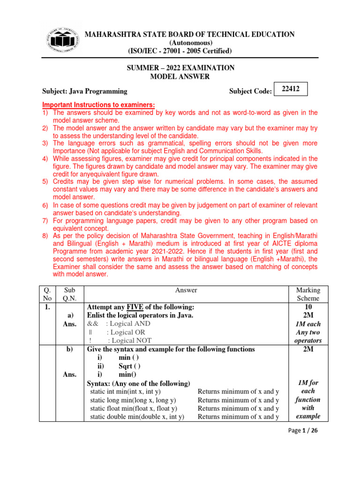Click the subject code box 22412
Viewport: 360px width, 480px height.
[x=291, y=88]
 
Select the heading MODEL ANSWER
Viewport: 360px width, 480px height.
[x=180, y=77]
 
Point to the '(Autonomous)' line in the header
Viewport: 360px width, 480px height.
[x=180, y=43]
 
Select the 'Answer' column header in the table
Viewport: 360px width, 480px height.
[x=186, y=290]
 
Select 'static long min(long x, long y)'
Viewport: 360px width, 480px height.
[x=133, y=400]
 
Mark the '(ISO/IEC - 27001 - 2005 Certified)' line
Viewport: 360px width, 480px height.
[x=180, y=51]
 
